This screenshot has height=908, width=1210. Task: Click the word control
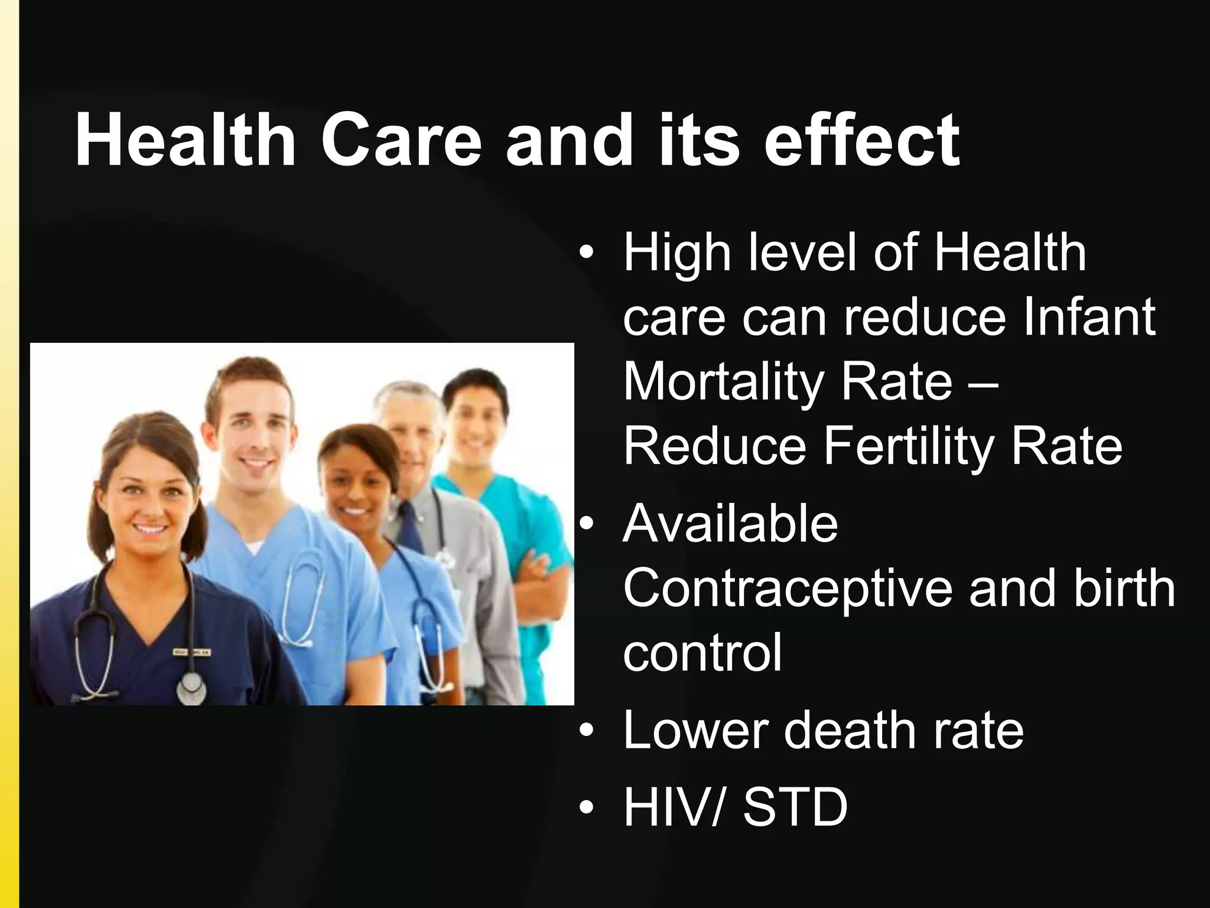702,653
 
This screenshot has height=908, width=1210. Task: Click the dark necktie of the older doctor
409,526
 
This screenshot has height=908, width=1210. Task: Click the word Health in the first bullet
1010,253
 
